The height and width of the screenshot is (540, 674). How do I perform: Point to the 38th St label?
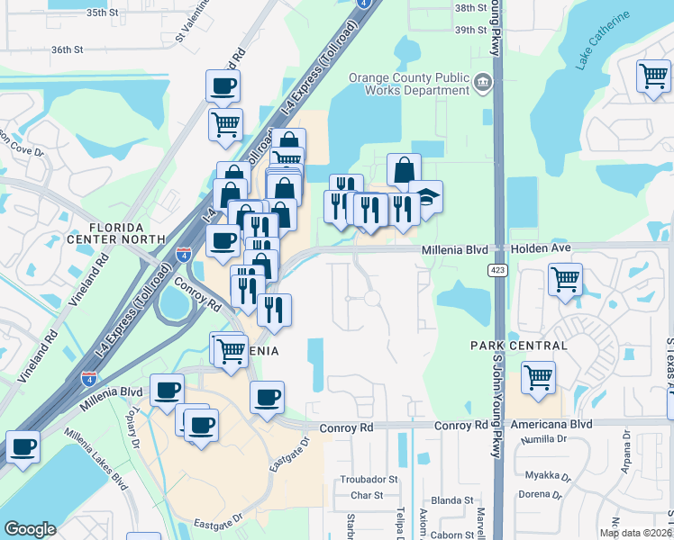point(470,8)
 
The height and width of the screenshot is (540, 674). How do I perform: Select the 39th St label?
point(470,30)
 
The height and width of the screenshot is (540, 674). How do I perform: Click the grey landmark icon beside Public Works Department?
point(484,84)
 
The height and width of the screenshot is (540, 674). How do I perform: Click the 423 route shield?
point(497,270)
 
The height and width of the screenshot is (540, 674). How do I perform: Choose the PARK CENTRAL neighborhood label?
point(519,346)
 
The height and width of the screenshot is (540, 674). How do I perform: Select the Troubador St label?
point(368,480)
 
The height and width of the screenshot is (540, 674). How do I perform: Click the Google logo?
point(30,529)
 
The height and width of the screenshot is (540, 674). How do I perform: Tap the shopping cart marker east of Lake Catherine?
point(653,76)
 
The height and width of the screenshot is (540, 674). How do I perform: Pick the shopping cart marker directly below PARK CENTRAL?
point(539,377)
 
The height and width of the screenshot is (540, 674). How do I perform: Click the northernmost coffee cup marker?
point(223,86)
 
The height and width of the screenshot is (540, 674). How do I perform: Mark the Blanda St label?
point(452,500)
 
